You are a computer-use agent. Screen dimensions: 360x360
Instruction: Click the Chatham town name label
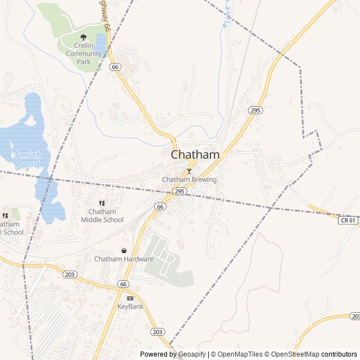(x=195, y=154)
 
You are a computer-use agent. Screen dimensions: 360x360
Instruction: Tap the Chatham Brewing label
(x=189, y=179)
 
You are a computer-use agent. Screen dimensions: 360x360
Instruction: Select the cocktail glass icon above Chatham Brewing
(x=189, y=171)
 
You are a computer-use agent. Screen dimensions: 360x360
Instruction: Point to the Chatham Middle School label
(x=102, y=215)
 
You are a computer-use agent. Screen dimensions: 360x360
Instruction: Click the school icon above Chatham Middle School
(x=102, y=203)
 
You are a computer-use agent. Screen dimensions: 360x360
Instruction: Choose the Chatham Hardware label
(x=124, y=259)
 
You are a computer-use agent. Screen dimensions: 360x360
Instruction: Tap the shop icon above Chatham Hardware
(x=124, y=250)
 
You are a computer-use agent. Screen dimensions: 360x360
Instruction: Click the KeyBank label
(x=130, y=307)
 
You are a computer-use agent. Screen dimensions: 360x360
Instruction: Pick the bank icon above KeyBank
(x=130, y=298)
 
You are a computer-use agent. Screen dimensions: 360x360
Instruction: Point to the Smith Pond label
(x=27, y=159)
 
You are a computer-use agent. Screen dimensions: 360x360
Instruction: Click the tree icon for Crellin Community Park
(x=84, y=38)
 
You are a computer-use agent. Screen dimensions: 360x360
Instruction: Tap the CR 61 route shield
(x=348, y=220)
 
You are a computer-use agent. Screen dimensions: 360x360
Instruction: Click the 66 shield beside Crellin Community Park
(x=115, y=67)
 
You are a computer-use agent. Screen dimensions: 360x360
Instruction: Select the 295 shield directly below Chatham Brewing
(x=179, y=192)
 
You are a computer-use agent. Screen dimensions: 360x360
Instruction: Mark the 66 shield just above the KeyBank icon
(x=123, y=284)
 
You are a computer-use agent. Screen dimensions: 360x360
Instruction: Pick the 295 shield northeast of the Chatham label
(x=255, y=110)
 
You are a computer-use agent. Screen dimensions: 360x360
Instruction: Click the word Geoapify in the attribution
(x=192, y=354)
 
